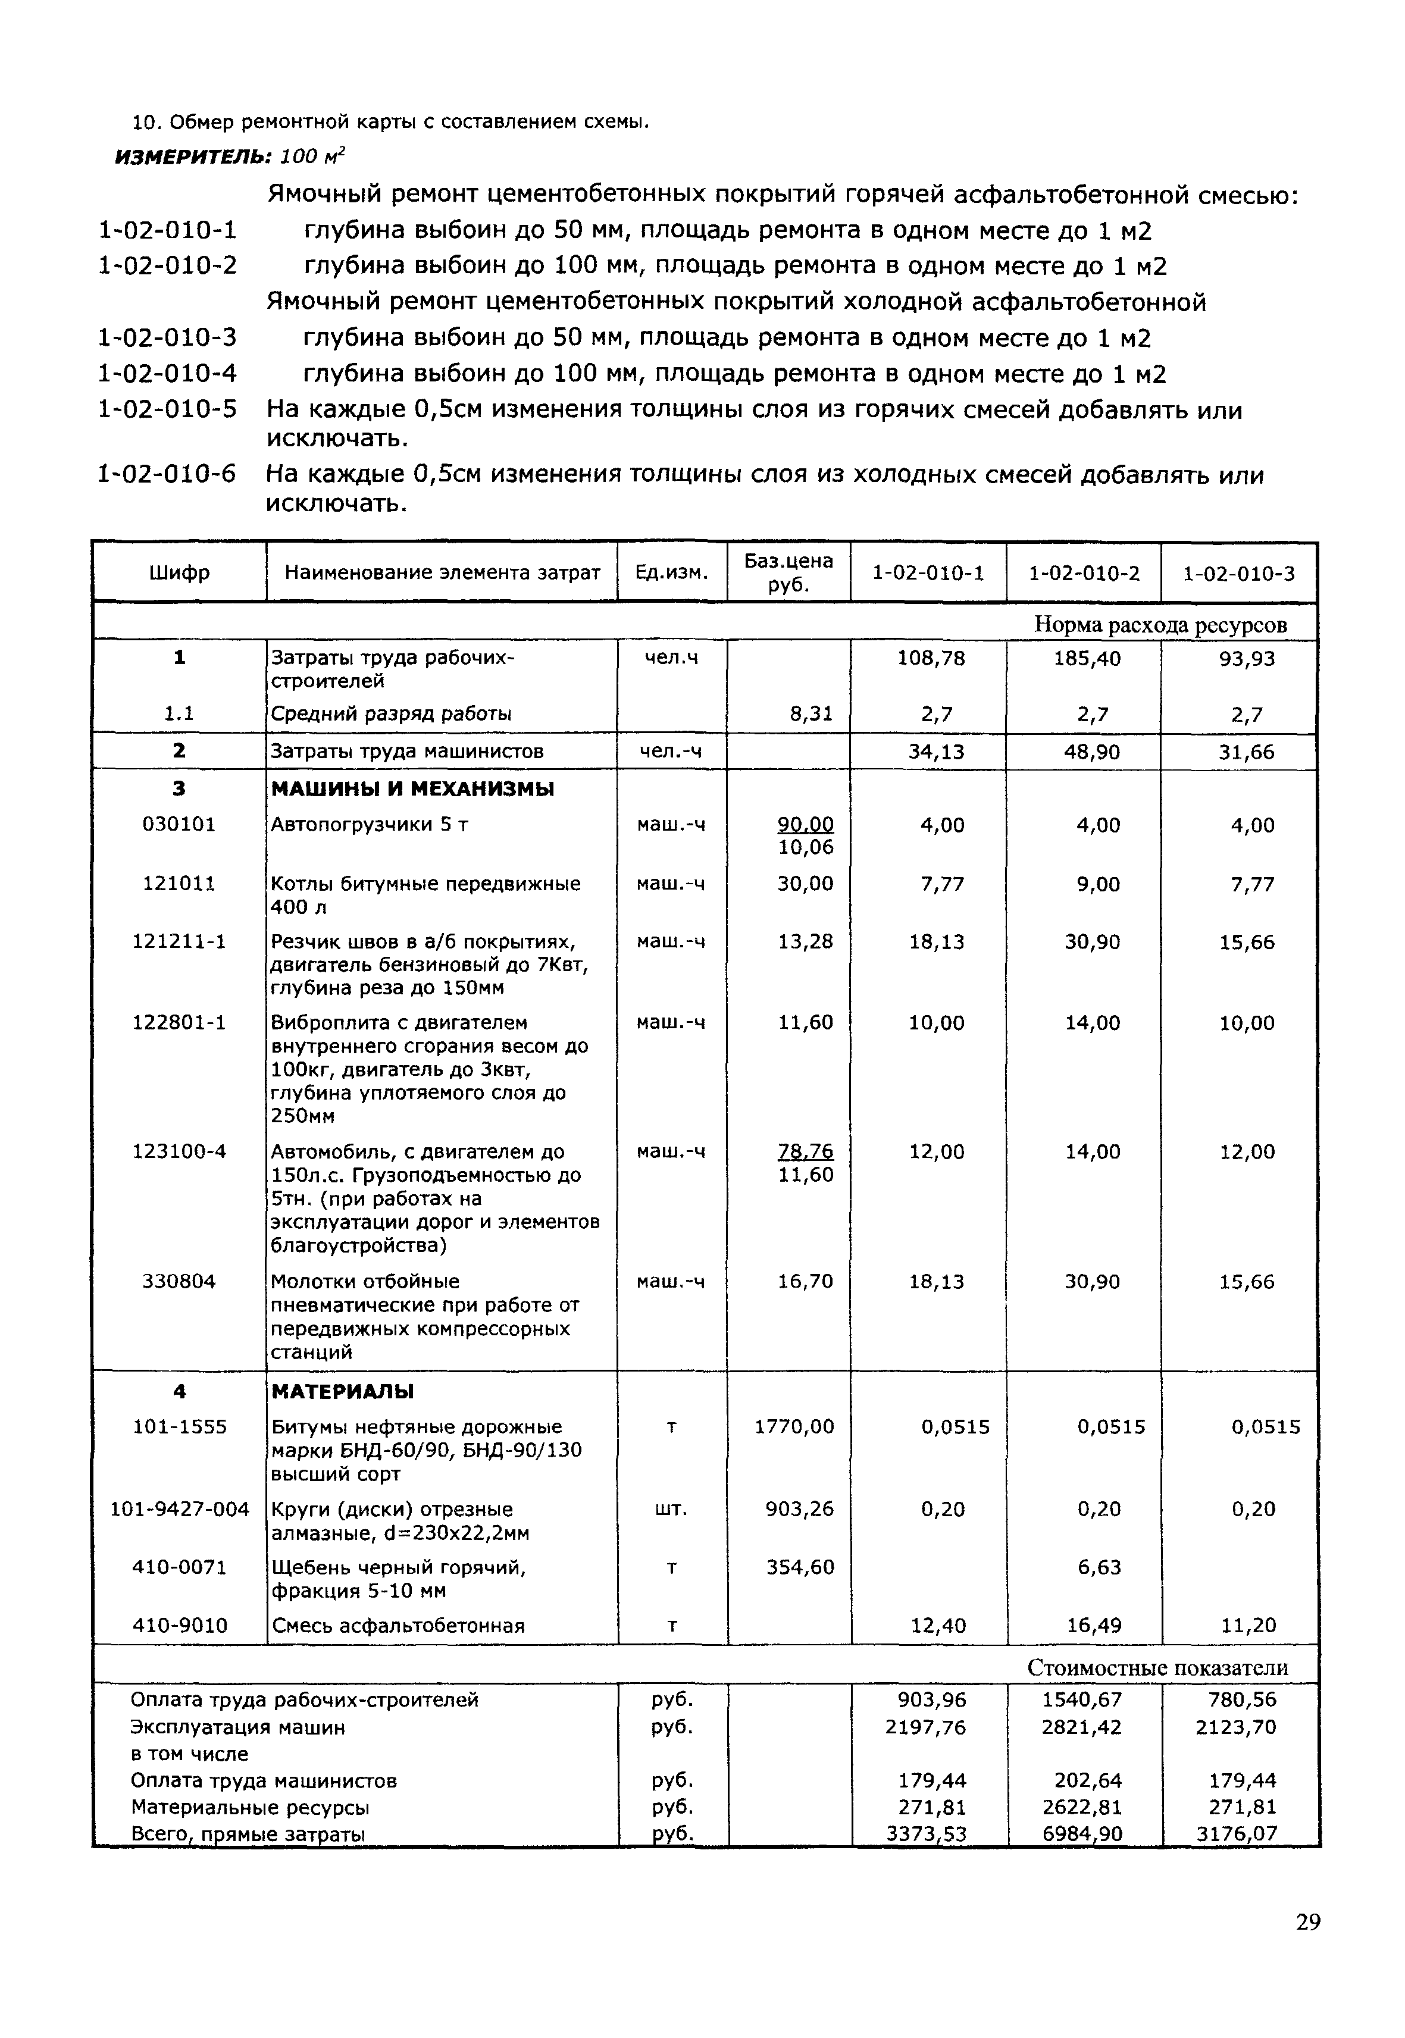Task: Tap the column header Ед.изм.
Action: tap(672, 573)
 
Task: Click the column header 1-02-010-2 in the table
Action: tap(1083, 573)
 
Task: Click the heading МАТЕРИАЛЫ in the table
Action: tap(342, 1392)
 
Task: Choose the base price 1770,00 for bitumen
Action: tap(794, 1427)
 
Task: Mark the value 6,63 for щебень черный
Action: tap(1098, 1567)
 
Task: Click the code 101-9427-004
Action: tap(180, 1509)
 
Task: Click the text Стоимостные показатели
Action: tap(1157, 1667)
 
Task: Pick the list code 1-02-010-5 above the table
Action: tap(167, 409)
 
